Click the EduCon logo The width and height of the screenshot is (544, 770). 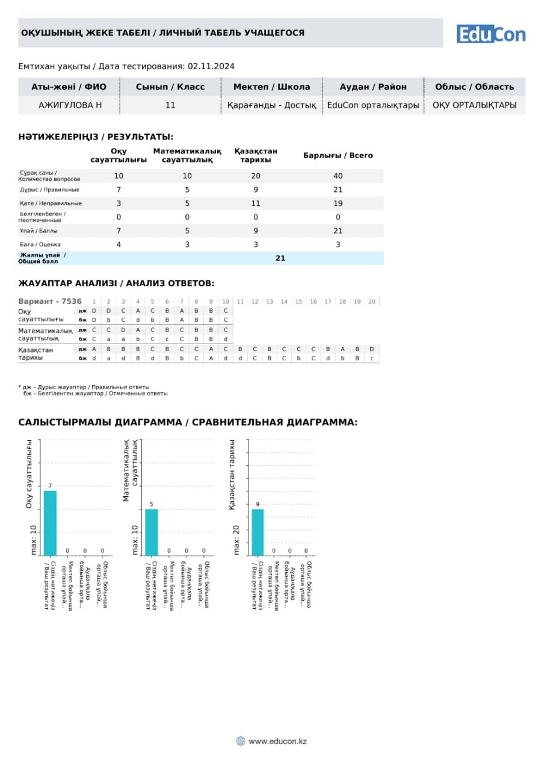(x=490, y=34)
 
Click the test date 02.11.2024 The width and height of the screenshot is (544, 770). (x=211, y=66)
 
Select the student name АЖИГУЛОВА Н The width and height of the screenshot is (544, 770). (x=70, y=105)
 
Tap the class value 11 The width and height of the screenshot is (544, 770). (x=170, y=105)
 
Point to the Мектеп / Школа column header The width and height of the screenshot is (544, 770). (x=271, y=87)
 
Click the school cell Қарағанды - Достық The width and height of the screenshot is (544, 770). (x=271, y=105)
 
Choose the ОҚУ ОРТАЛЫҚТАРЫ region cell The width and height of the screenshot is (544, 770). (x=474, y=105)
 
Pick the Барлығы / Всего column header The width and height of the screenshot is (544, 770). (x=338, y=155)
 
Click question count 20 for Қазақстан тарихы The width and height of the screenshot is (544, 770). (x=256, y=176)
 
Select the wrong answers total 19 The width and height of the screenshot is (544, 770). (x=338, y=203)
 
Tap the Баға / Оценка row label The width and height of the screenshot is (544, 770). (x=40, y=244)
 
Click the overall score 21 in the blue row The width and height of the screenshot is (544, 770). (x=280, y=258)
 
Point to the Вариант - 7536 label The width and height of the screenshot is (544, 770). (x=50, y=301)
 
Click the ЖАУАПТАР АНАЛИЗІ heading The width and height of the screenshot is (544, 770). (x=116, y=283)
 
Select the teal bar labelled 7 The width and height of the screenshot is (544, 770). (x=50, y=523)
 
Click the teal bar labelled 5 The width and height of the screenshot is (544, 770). (x=152, y=532)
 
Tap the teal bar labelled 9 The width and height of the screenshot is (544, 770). (x=258, y=532)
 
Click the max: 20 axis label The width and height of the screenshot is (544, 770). (x=236, y=540)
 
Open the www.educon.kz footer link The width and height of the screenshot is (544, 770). (x=277, y=741)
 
